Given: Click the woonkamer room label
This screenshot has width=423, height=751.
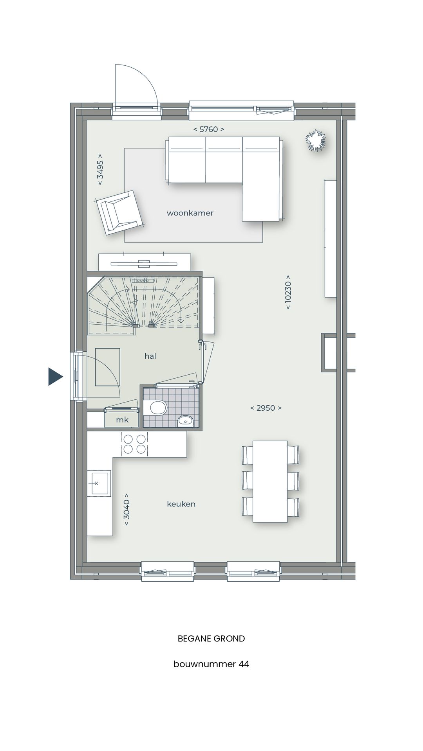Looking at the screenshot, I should tap(190, 213).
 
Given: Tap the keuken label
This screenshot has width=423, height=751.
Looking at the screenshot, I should tap(181, 504).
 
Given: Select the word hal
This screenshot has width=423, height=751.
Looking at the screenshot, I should tap(150, 356).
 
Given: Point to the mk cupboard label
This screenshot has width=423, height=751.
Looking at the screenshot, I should tap(122, 420).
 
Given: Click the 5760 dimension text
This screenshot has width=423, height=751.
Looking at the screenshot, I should tap(209, 129).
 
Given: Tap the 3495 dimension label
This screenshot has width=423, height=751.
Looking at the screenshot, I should tap(100, 169).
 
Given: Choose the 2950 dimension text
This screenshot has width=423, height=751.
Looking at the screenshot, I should tap(266, 408).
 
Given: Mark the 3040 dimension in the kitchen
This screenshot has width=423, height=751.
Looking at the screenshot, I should tap(127, 510).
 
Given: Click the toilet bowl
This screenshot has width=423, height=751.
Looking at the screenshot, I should tap(157, 408).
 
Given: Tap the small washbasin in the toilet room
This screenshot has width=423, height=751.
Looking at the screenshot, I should tap(185, 421).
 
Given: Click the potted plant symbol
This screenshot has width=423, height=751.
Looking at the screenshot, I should tap(315, 140).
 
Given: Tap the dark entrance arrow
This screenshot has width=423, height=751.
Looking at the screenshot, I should tap(55, 377).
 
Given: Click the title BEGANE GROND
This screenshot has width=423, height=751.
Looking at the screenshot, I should tap(211, 639).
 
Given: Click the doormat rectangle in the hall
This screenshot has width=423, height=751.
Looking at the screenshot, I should tap(107, 367).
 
